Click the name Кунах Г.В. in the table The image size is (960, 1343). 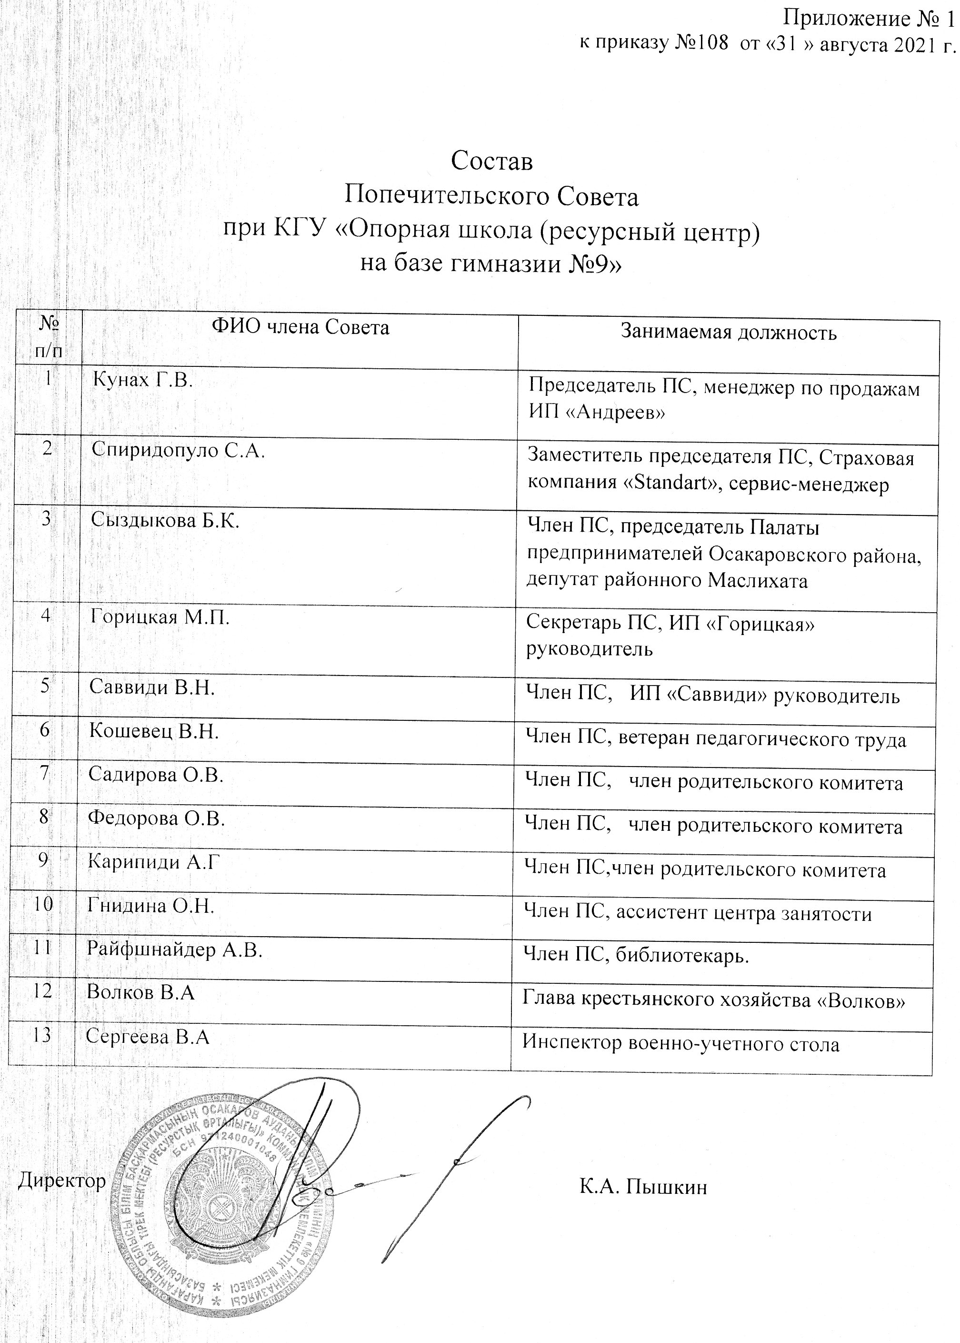tap(143, 380)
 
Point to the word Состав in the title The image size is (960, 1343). tap(491, 162)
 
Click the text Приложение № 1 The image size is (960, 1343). tap(869, 19)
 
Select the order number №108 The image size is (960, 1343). tap(700, 44)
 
